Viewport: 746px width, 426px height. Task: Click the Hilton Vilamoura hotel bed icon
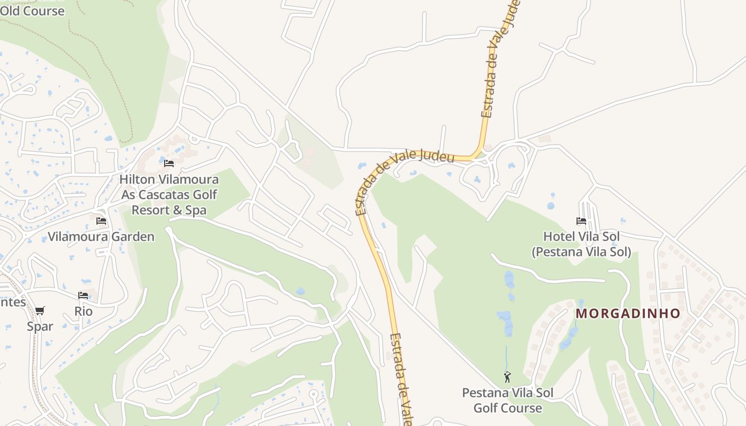point(169,163)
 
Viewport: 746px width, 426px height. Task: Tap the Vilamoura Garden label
point(101,236)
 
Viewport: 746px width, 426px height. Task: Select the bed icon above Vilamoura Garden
point(101,221)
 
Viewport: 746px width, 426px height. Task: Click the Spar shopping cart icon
point(40,310)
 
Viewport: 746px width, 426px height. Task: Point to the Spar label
point(40,326)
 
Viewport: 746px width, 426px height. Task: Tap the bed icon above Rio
point(83,295)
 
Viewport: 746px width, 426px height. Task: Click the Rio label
point(84,311)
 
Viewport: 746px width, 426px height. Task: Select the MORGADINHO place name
point(628,313)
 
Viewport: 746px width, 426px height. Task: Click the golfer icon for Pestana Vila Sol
point(507,377)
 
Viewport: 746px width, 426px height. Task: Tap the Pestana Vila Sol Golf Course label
point(507,400)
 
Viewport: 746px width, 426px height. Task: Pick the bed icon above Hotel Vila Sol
point(581,220)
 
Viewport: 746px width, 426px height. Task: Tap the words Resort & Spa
point(169,210)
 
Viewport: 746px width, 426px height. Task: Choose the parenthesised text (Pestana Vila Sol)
point(581,251)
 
